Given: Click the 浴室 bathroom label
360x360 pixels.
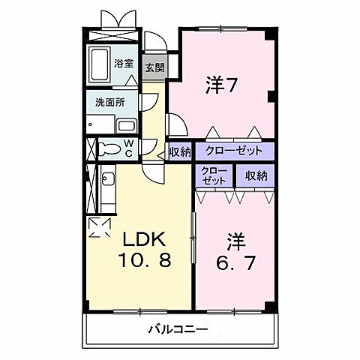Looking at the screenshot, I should pos(124,64).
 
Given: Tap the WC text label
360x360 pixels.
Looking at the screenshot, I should pos(128,147).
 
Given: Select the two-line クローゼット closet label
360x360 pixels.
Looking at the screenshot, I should pos(214,176).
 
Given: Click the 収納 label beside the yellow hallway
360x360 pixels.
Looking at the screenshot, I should pos(179,151).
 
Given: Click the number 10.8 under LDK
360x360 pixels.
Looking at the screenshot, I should pos(143,263).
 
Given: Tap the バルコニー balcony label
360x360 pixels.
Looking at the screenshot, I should pos(178,328).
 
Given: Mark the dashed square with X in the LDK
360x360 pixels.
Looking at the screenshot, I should pos(98,226).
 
